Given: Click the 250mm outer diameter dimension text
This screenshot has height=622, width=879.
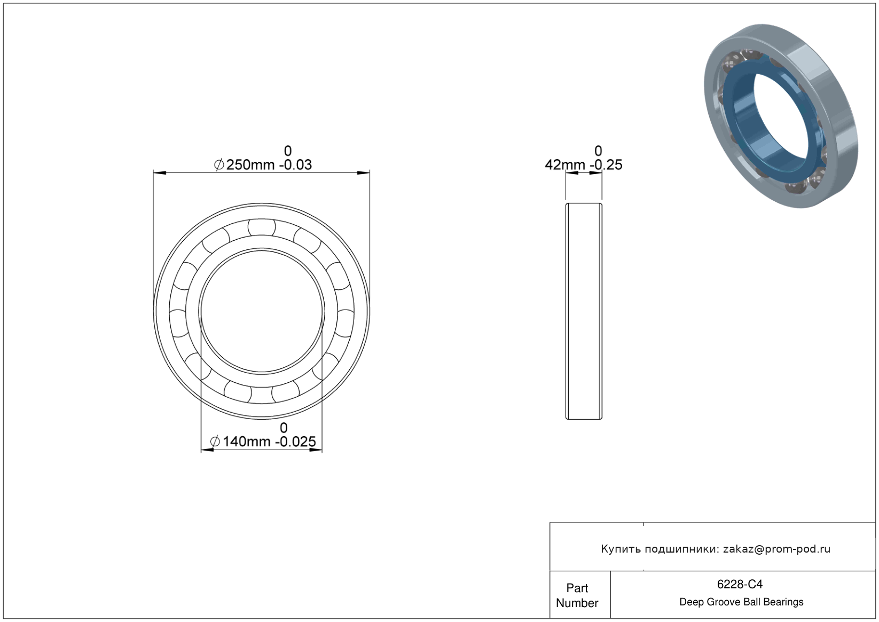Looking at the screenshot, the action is [x=250, y=165].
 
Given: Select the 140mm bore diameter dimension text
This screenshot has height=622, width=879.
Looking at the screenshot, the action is [x=247, y=442].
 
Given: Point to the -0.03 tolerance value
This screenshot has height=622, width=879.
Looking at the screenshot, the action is [x=295, y=165].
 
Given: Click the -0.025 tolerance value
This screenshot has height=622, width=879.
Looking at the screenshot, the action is [x=295, y=442].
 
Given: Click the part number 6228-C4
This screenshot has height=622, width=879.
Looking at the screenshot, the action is [x=740, y=584].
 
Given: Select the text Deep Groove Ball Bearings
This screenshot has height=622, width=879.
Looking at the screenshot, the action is [x=741, y=602].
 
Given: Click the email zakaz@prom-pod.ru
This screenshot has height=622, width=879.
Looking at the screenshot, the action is [x=776, y=549].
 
